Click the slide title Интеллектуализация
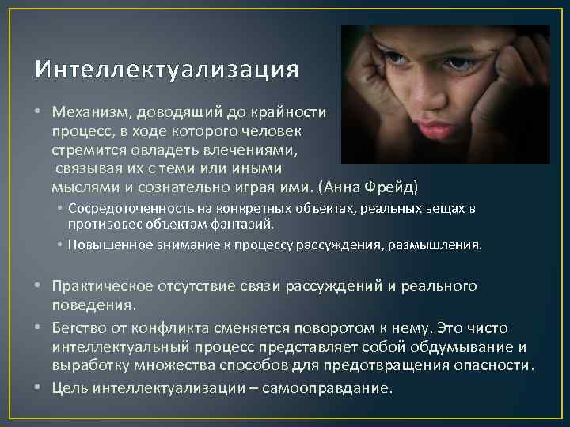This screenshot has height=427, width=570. click(x=167, y=70)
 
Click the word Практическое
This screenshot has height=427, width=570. click(x=103, y=285)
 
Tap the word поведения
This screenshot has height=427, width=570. click(x=93, y=303)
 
